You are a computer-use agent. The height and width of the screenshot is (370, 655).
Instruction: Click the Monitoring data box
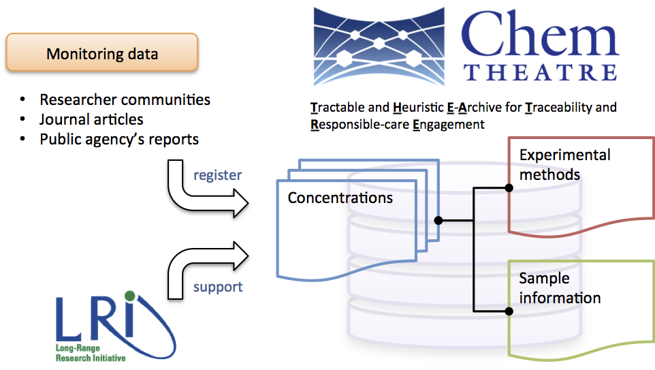102,53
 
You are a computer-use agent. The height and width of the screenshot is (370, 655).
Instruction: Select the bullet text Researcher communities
125,99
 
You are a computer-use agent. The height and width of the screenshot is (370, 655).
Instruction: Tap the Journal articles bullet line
91,119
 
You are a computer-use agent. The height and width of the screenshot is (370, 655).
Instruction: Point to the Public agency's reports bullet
119,139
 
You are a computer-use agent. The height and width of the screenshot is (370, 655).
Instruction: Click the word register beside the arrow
217,175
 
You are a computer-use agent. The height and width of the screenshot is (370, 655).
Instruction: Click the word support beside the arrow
218,287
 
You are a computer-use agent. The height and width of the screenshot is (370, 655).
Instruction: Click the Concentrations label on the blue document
340,198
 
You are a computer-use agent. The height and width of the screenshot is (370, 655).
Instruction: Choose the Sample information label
559,288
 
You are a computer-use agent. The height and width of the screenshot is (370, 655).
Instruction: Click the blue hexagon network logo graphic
379,46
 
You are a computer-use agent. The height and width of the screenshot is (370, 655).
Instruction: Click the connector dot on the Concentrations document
438,220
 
